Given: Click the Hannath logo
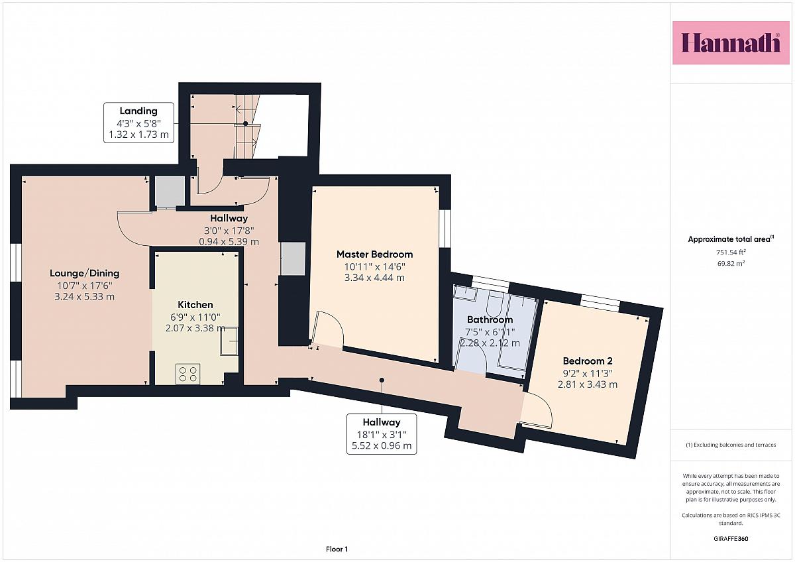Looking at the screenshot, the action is (730, 43).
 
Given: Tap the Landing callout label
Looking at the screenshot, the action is (138, 123).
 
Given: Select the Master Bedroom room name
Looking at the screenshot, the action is (374, 254).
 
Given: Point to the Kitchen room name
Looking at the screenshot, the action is (195, 305).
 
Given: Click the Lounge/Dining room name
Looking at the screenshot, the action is (85, 273).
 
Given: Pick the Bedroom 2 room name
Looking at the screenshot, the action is (588, 361).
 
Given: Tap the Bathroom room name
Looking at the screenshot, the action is (490, 319).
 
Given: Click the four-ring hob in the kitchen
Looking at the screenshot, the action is (187, 374).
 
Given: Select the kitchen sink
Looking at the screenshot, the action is (229, 341).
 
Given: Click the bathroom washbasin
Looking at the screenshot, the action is (465, 294).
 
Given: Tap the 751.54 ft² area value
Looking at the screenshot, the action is (731, 252).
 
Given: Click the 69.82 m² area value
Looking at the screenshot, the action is (731, 263).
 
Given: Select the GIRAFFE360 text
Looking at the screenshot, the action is (731, 539).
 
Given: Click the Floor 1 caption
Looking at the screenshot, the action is (337, 549).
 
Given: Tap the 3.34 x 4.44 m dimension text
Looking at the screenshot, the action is (374, 278).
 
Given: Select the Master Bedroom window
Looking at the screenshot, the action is (445, 229).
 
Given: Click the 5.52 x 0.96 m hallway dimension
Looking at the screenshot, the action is (382, 445).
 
